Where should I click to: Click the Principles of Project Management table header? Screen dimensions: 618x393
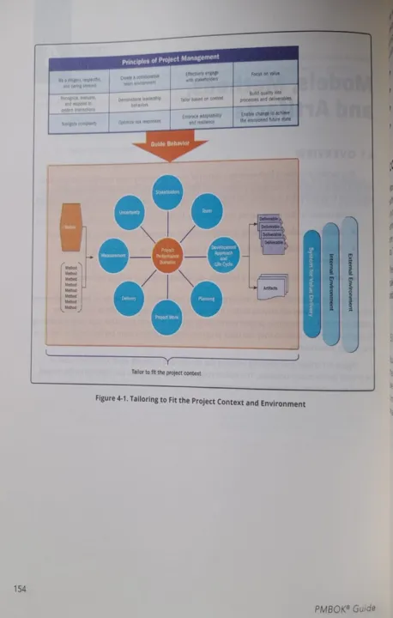pos(172,61)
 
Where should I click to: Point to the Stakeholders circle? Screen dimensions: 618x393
pos(169,194)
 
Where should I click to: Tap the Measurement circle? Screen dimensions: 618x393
pos(114,255)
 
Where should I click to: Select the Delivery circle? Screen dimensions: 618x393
pos(130,298)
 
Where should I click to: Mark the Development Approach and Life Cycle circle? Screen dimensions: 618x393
pos(225,254)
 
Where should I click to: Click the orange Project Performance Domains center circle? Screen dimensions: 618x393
pos(169,255)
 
